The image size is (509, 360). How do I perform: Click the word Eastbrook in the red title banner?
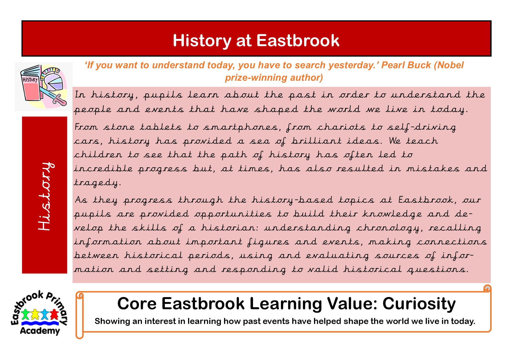298,40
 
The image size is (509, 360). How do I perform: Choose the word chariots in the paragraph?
341,127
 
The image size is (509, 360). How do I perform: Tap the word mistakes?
433,168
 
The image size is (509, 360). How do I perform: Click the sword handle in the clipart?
59,100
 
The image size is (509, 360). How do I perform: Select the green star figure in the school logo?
26,314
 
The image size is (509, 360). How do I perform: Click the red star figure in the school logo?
54,314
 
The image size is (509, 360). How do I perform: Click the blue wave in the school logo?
40,323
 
